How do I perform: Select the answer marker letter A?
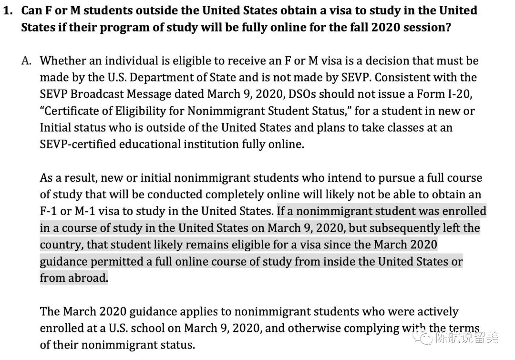pos(27,61)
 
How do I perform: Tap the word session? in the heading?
pos(426,27)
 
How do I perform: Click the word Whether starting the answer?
pos(63,61)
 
